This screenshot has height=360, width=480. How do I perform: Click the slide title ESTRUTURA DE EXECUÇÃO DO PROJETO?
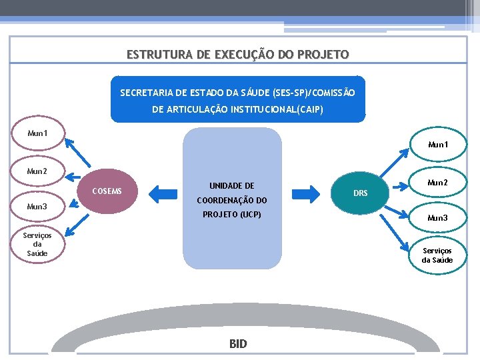pyautogui.click(x=237, y=55)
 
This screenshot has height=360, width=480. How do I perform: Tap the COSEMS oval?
pyautogui.click(x=107, y=192)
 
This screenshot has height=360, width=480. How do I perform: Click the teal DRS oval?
pyautogui.click(x=360, y=193)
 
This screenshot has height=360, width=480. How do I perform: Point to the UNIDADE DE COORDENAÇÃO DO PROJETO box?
pyautogui.click(x=233, y=199)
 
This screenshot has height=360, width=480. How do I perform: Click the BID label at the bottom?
pyautogui.click(x=238, y=344)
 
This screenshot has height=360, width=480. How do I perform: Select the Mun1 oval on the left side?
pyautogui.click(x=37, y=134)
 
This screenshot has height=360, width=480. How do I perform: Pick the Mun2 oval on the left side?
pyautogui.click(x=37, y=172)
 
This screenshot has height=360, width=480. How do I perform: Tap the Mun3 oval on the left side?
pyautogui.click(x=37, y=207)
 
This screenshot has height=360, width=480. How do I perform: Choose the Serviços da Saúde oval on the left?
pyautogui.click(x=37, y=244)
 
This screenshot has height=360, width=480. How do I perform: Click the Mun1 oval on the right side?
pyautogui.click(x=438, y=145)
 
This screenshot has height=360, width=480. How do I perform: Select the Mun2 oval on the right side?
pyautogui.click(x=437, y=183)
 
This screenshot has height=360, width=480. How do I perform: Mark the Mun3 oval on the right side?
pyautogui.click(x=437, y=218)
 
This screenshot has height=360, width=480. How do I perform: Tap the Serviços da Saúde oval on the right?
pyautogui.click(x=437, y=255)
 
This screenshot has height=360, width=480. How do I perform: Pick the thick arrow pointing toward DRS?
pyautogui.click(x=307, y=194)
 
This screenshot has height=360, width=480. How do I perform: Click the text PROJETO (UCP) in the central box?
pyautogui.click(x=232, y=215)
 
